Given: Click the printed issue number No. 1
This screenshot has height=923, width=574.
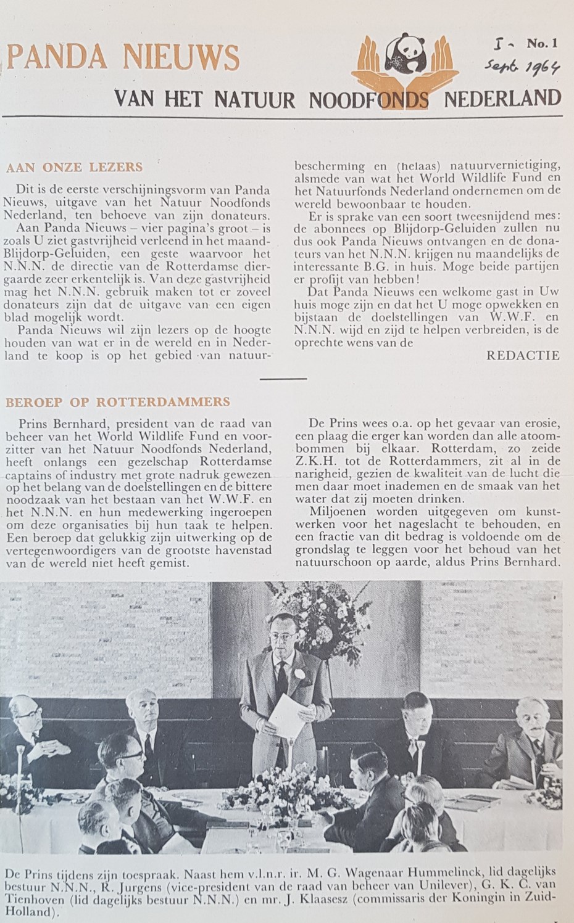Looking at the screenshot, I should click(542, 44).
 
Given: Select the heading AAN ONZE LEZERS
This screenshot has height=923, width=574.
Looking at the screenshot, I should click(73, 166).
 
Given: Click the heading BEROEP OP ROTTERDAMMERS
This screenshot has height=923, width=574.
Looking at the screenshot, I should click(117, 402).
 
